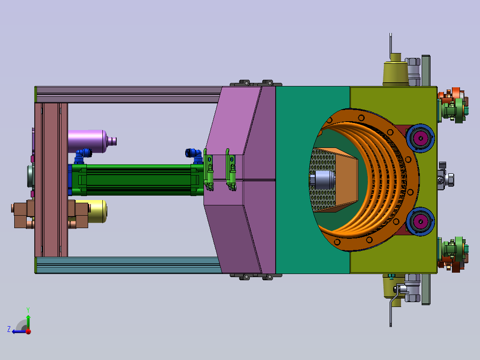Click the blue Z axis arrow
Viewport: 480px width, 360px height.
(x=19, y=331)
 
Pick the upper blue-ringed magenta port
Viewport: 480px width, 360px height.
(x=420, y=138)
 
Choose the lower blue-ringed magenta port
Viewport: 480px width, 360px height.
(x=420, y=221)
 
